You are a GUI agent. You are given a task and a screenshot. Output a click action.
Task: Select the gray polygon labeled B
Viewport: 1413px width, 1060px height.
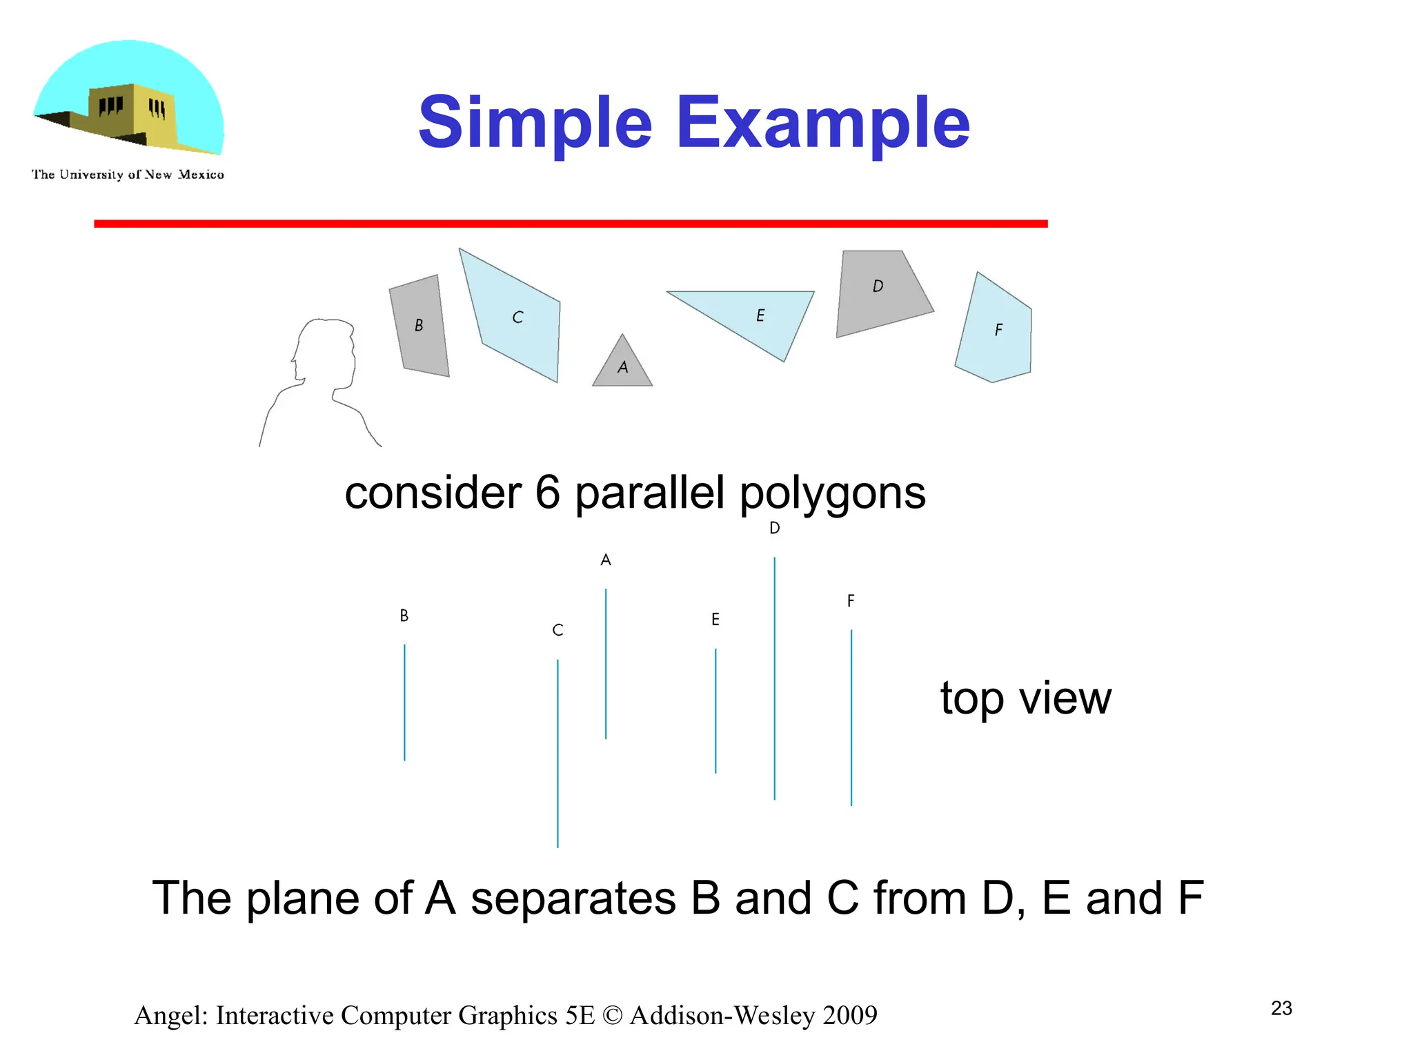(x=419, y=326)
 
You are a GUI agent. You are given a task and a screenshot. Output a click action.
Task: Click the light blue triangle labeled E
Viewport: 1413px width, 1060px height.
(x=759, y=315)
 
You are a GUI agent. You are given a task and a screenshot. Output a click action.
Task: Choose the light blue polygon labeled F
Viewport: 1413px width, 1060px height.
(x=997, y=330)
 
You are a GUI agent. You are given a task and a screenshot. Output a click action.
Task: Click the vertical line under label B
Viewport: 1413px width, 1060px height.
(x=404, y=703)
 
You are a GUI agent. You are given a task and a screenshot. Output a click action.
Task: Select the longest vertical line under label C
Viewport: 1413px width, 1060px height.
(x=557, y=753)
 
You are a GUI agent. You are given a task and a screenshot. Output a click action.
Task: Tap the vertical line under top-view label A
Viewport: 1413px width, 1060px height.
(x=606, y=663)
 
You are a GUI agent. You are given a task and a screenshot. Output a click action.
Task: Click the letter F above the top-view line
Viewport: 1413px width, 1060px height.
(x=851, y=601)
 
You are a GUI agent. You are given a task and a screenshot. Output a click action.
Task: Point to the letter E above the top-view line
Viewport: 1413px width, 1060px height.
(x=715, y=620)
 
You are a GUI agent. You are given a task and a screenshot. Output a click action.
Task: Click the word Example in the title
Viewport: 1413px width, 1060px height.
(x=823, y=123)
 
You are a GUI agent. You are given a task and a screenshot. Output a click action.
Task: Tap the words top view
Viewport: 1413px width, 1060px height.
(x=1025, y=698)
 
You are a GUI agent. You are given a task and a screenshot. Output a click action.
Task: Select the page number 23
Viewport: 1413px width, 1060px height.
(x=1281, y=1008)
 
